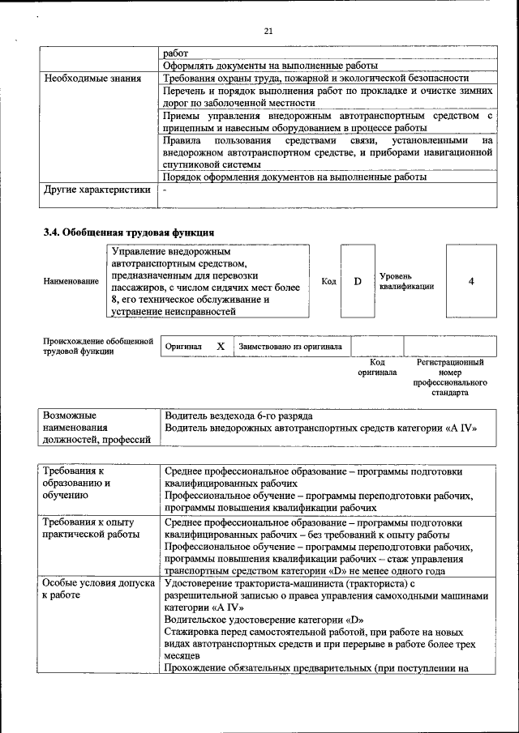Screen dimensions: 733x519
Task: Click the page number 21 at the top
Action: pyautogui.click(x=269, y=32)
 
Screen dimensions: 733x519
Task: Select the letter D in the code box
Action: pyautogui.click(x=357, y=281)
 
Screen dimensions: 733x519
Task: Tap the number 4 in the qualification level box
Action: pyautogui.click(x=471, y=281)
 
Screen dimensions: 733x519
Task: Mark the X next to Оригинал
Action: pyautogui.click(x=221, y=346)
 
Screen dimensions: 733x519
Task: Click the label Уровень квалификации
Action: pyautogui.click(x=406, y=281)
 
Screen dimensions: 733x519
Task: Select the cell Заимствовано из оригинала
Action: pyautogui.click(x=290, y=346)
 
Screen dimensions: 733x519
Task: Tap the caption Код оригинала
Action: pyautogui.click(x=377, y=368)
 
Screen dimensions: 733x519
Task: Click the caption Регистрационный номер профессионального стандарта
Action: pyautogui.click(x=450, y=377)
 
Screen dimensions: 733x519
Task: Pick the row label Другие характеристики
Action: pyautogui.click(x=97, y=190)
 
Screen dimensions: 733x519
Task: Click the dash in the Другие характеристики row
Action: pyautogui.click(x=165, y=190)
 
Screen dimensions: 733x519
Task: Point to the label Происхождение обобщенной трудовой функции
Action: pyautogui.click(x=97, y=346)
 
